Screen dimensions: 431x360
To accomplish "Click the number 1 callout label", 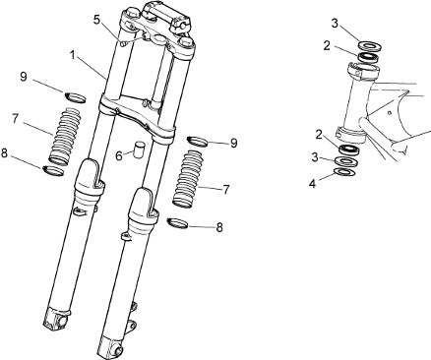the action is (x=73, y=54).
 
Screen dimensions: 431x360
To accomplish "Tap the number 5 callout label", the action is (x=96, y=20).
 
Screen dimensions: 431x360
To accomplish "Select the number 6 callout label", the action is (x=119, y=156).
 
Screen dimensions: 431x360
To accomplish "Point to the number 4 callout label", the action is (x=312, y=184).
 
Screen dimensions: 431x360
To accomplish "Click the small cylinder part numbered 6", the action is (x=139, y=148).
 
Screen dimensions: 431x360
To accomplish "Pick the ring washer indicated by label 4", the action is (x=343, y=171).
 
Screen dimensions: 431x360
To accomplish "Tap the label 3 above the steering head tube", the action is (x=335, y=24).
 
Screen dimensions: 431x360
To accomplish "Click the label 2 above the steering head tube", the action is (x=327, y=46).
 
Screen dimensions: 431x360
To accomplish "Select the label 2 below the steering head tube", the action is (x=319, y=134).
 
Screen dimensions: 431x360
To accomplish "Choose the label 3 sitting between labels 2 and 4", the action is (x=315, y=157).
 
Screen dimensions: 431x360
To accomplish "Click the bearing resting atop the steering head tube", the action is (x=368, y=57).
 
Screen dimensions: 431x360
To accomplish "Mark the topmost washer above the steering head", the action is (x=370, y=45).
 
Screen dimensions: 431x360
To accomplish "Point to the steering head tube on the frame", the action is (x=356, y=101).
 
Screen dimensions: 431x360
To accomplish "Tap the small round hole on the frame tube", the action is (x=389, y=113).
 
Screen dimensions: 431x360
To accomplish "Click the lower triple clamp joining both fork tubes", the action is (x=137, y=117).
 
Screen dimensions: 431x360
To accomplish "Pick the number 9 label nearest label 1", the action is (x=24, y=77).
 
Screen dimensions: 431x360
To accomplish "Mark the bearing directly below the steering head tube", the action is (x=350, y=150).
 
